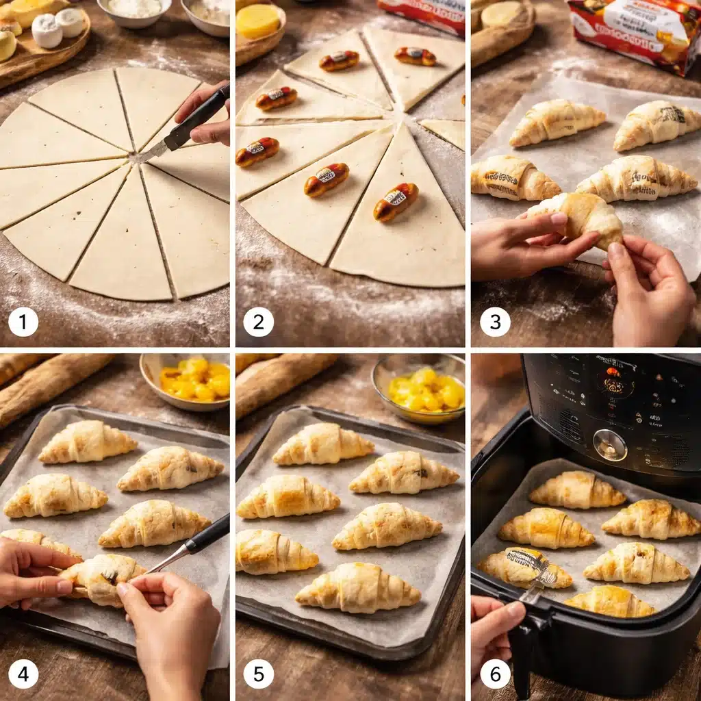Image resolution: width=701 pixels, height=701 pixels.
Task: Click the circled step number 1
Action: (23, 322)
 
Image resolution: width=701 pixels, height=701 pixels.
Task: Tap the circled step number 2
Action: (258, 322)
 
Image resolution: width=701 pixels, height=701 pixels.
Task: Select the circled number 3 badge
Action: (495, 322)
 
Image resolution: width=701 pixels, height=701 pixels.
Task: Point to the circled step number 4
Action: (23, 674)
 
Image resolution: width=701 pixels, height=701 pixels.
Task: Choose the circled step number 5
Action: (258, 674)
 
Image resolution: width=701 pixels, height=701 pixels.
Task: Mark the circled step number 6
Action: (495, 674)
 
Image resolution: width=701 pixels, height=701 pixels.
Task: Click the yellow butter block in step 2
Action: (258, 21)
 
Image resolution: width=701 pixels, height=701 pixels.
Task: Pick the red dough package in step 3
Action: (633, 34)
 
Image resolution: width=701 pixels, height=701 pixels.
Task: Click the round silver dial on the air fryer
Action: (609, 444)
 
